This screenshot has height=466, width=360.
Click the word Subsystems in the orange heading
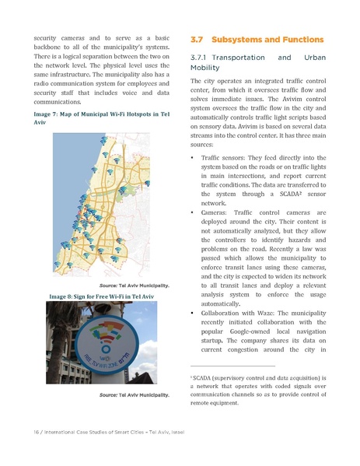(243, 39)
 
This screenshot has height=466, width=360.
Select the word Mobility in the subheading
(205, 68)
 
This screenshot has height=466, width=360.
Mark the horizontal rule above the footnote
(232, 366)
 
